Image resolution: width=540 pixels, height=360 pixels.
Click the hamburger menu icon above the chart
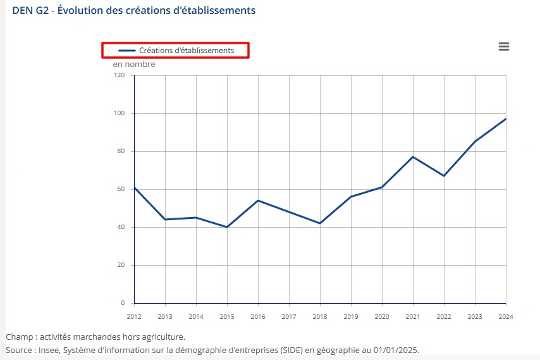click(503, 47)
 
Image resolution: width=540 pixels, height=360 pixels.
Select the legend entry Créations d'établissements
click(176, 50)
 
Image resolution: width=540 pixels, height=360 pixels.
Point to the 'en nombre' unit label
click(134, 64)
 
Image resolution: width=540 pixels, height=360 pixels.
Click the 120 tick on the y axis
click(120, 75)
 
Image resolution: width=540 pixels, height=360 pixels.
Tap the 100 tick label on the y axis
click(120, 113)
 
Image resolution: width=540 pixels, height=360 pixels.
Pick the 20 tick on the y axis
click(121, 265)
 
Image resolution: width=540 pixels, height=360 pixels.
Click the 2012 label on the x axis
click(134, 316)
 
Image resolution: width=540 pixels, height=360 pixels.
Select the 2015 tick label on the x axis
click(227, 316)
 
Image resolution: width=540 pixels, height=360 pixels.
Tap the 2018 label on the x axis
click(320, 316)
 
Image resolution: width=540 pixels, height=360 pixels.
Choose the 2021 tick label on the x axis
click(413, 316)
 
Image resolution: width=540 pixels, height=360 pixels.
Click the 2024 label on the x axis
click(506, 316)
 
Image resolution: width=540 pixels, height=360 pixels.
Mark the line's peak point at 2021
click(413, 157)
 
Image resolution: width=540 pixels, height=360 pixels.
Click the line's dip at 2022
click(444, 176)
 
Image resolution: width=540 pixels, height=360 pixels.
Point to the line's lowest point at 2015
click(227, 227)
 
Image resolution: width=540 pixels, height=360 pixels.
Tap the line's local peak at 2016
click(258, 201)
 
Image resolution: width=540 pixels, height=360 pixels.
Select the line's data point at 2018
click(320, 223)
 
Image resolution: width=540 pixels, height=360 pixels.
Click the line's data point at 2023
click(475, 142)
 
